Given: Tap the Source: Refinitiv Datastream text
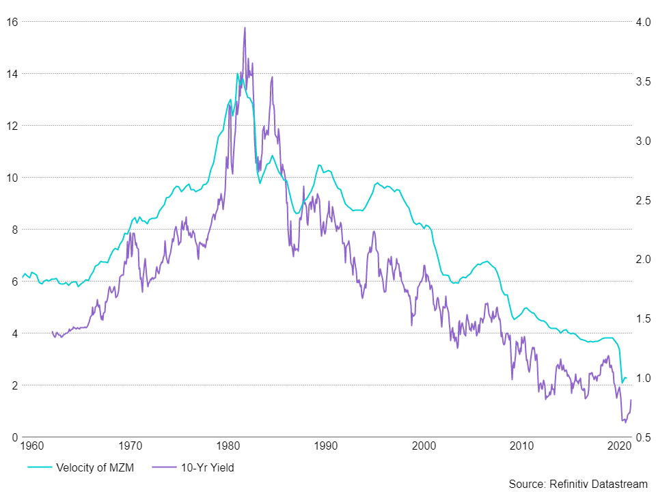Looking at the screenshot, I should click(577, 484).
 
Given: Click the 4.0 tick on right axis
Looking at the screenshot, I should click(642, 21).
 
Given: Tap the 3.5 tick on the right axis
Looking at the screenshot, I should click(642, 81).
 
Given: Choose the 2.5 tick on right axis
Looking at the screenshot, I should click(642, 200).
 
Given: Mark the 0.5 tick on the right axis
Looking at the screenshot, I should click(642, 437).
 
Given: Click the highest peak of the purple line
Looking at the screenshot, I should click(245, 28).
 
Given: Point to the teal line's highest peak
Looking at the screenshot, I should click(238, 74).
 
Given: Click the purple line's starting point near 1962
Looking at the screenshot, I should click(52, 332).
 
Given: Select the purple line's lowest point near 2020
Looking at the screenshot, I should click(625, 422).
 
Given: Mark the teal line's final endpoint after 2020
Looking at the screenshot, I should click(627, 379).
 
